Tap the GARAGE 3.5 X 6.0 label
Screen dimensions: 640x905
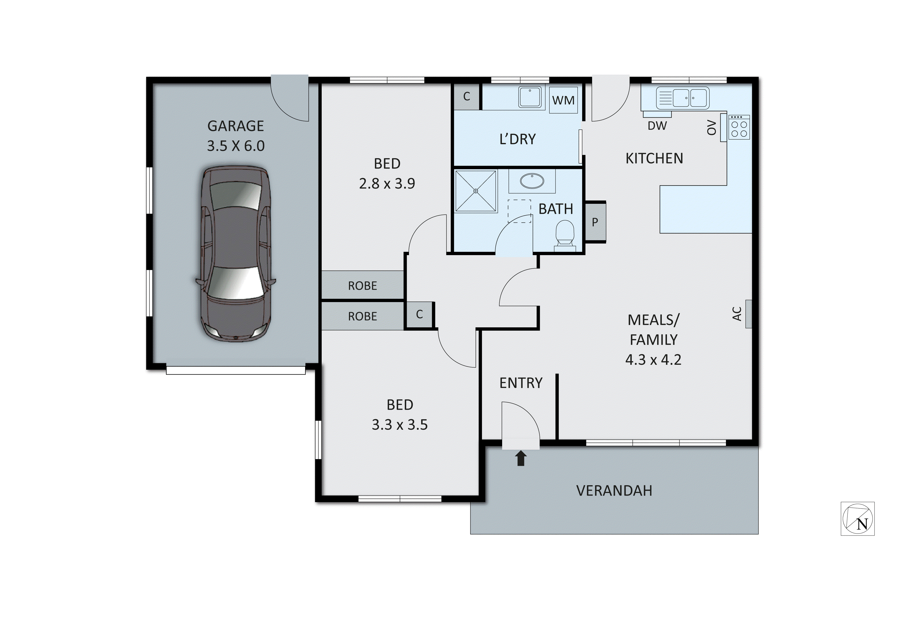(x=236, y=136)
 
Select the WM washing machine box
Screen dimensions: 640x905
(x=563, y=100)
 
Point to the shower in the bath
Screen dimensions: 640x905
(x=476, y=191)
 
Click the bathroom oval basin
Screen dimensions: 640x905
(x=532, y=181)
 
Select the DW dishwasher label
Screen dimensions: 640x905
(x=657, y=126)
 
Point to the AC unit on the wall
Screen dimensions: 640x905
(x=748, y=314)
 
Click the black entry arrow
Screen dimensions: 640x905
(x=521, y=458)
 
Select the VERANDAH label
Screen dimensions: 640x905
(x=614, y=491)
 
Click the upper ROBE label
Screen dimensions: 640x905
(x=362, y=286)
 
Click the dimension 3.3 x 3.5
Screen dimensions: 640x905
(x=400, y=425)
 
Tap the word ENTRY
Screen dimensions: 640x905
(x=521, y=383)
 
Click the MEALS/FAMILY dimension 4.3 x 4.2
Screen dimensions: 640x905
(x=653, y=360)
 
